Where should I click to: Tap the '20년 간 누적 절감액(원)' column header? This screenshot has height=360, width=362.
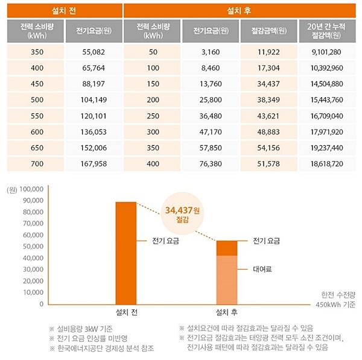point(328,31)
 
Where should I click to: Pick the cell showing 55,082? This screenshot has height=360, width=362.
point(94,52)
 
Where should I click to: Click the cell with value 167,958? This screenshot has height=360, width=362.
point(94,164)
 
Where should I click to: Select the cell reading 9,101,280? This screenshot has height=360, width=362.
point(328,52)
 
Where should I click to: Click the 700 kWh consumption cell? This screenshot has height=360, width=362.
point(37,164)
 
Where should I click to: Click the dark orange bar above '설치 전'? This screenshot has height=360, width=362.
point(125,253)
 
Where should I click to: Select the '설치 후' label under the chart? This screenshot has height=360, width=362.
point(227,313)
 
